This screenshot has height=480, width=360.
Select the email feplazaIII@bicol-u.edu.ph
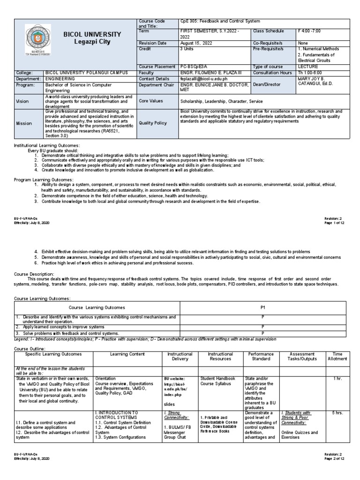(x=207, y=79)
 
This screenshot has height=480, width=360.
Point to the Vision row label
(x=22, y=101)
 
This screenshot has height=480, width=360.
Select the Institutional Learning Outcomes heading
(x=48, y=146)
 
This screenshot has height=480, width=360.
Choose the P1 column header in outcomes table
(x=262, y=307)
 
